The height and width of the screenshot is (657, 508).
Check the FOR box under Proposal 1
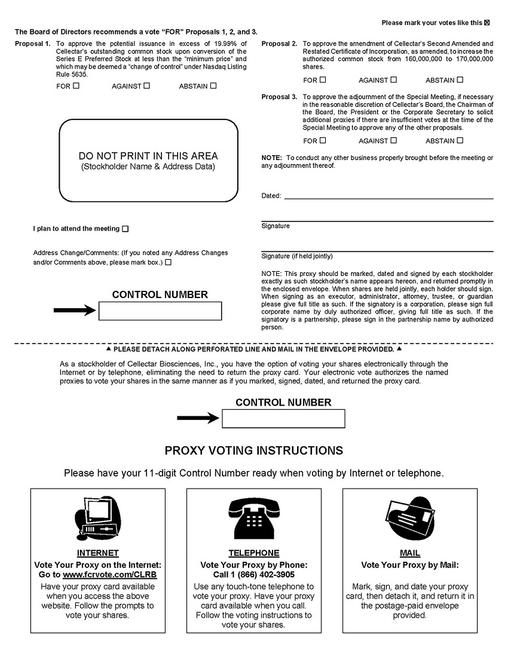click(76, 86)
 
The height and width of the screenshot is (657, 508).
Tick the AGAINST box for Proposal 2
click(393, 80)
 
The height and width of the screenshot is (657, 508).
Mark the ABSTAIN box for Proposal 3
click(460, 141)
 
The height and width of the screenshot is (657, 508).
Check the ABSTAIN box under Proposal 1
click(213, 86)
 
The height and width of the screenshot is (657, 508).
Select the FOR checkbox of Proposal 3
click(323, 141)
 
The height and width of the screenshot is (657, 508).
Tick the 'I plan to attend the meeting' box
click(125, 229)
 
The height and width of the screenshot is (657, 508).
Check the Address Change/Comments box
click(168, 262)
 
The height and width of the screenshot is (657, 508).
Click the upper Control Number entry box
click(160, 311)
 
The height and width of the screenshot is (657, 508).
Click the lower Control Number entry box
click(283, 419)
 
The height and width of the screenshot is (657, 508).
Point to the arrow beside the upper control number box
click(75, 310)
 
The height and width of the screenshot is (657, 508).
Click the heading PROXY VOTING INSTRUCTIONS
click(253, 450)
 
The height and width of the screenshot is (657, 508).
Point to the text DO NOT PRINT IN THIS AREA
click(148, 156)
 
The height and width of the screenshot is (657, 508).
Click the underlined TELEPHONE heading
click(253, 553)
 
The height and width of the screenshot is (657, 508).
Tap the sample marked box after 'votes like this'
click(486, 23)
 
